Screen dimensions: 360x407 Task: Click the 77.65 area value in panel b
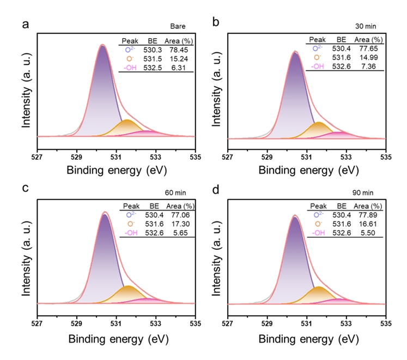click(x=366, y=49)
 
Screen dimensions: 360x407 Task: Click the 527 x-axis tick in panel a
click(x=37, y=157)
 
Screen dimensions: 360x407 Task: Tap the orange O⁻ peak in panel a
click(x=126, y=127)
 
